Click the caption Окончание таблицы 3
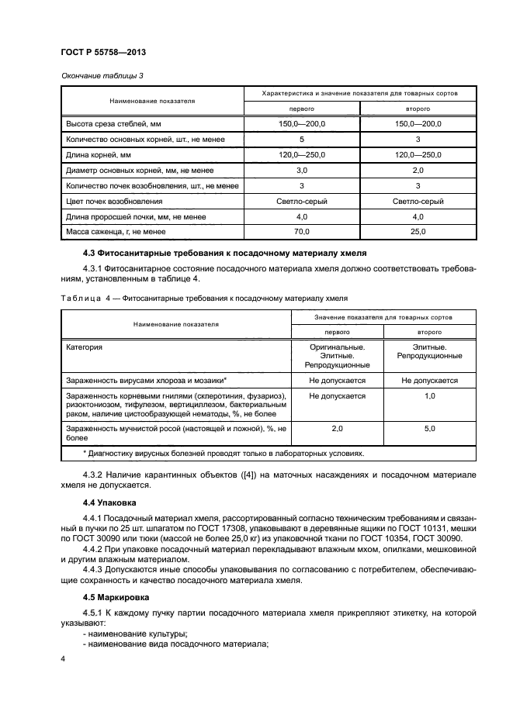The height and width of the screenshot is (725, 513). click(x=102, y=76)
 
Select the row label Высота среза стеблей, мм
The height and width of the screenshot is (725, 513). click(x=114, y=123)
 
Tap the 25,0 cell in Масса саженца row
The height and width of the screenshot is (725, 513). click(x=418, y=231)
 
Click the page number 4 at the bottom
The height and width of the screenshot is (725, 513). click(x=64, y=658)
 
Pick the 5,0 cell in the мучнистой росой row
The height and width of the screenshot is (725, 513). click(x=428, y=427)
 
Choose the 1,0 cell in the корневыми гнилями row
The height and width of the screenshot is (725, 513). click(x=428, y=396)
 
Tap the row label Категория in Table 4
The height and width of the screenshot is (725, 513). click(x=85, y=347)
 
